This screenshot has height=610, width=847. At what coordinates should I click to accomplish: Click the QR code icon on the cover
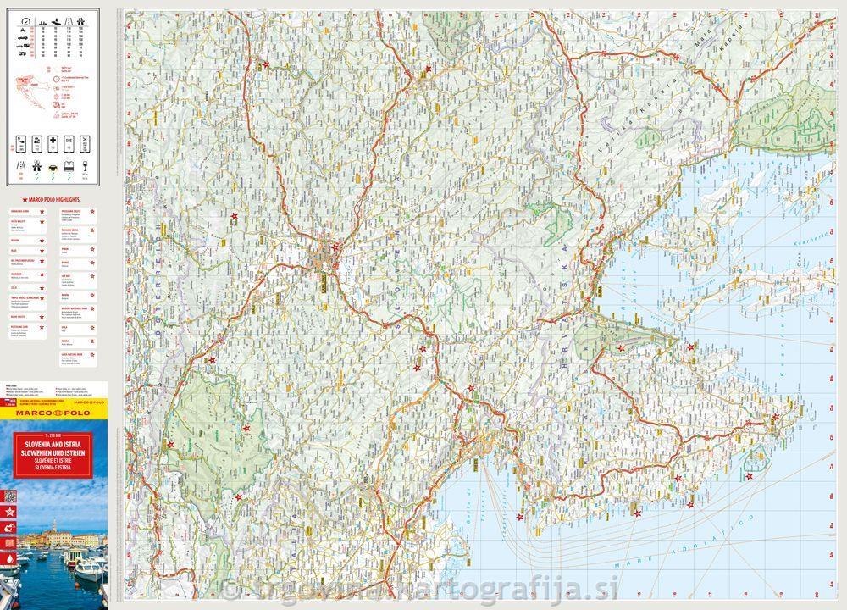10,496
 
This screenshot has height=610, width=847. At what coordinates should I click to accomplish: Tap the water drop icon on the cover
10,561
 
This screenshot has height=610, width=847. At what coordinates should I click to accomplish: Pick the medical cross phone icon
54,141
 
